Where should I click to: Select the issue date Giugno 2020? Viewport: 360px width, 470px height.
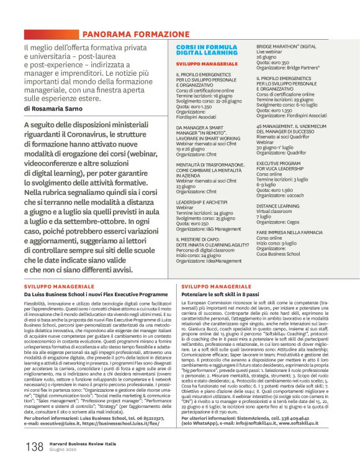(x=65, y=450)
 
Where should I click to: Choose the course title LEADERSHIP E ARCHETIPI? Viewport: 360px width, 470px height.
(x=202, y=202)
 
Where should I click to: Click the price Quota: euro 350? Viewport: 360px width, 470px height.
(x=273, y=63)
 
